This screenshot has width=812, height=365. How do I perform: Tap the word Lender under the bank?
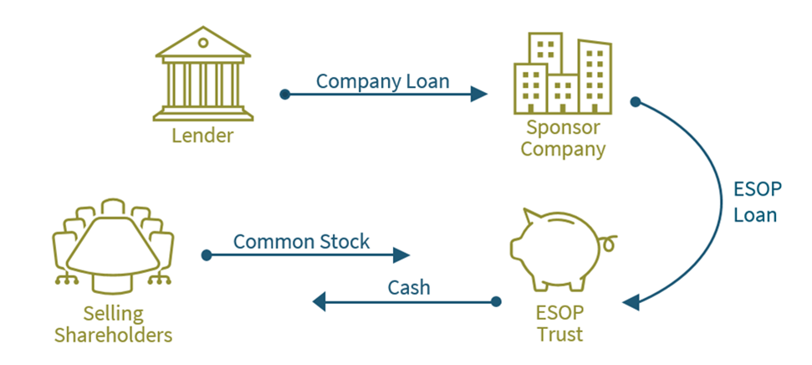[x=202, y=136]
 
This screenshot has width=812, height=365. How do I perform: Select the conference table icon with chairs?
[x=112, y=246]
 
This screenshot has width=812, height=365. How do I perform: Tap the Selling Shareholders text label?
[x=113, y=324]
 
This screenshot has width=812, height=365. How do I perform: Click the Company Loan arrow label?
[x=382, y=81]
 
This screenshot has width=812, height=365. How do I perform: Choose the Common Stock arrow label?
[x=301, y=242]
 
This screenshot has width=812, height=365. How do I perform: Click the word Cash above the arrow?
[x=409, y=287]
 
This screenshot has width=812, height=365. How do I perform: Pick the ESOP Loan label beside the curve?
[x=755, y=203]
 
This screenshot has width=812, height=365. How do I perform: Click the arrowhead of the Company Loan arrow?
[x=479, y=94]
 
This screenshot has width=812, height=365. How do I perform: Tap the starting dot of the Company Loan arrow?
[x=284, y=94]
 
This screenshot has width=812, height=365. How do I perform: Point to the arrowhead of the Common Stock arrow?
[x=403, y=254]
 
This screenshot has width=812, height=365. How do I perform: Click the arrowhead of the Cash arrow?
[x=320, y=301]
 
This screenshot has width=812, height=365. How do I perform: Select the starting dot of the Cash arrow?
[x=495, y=301]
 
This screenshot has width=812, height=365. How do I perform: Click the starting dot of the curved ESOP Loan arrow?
[x=635, y=102]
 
